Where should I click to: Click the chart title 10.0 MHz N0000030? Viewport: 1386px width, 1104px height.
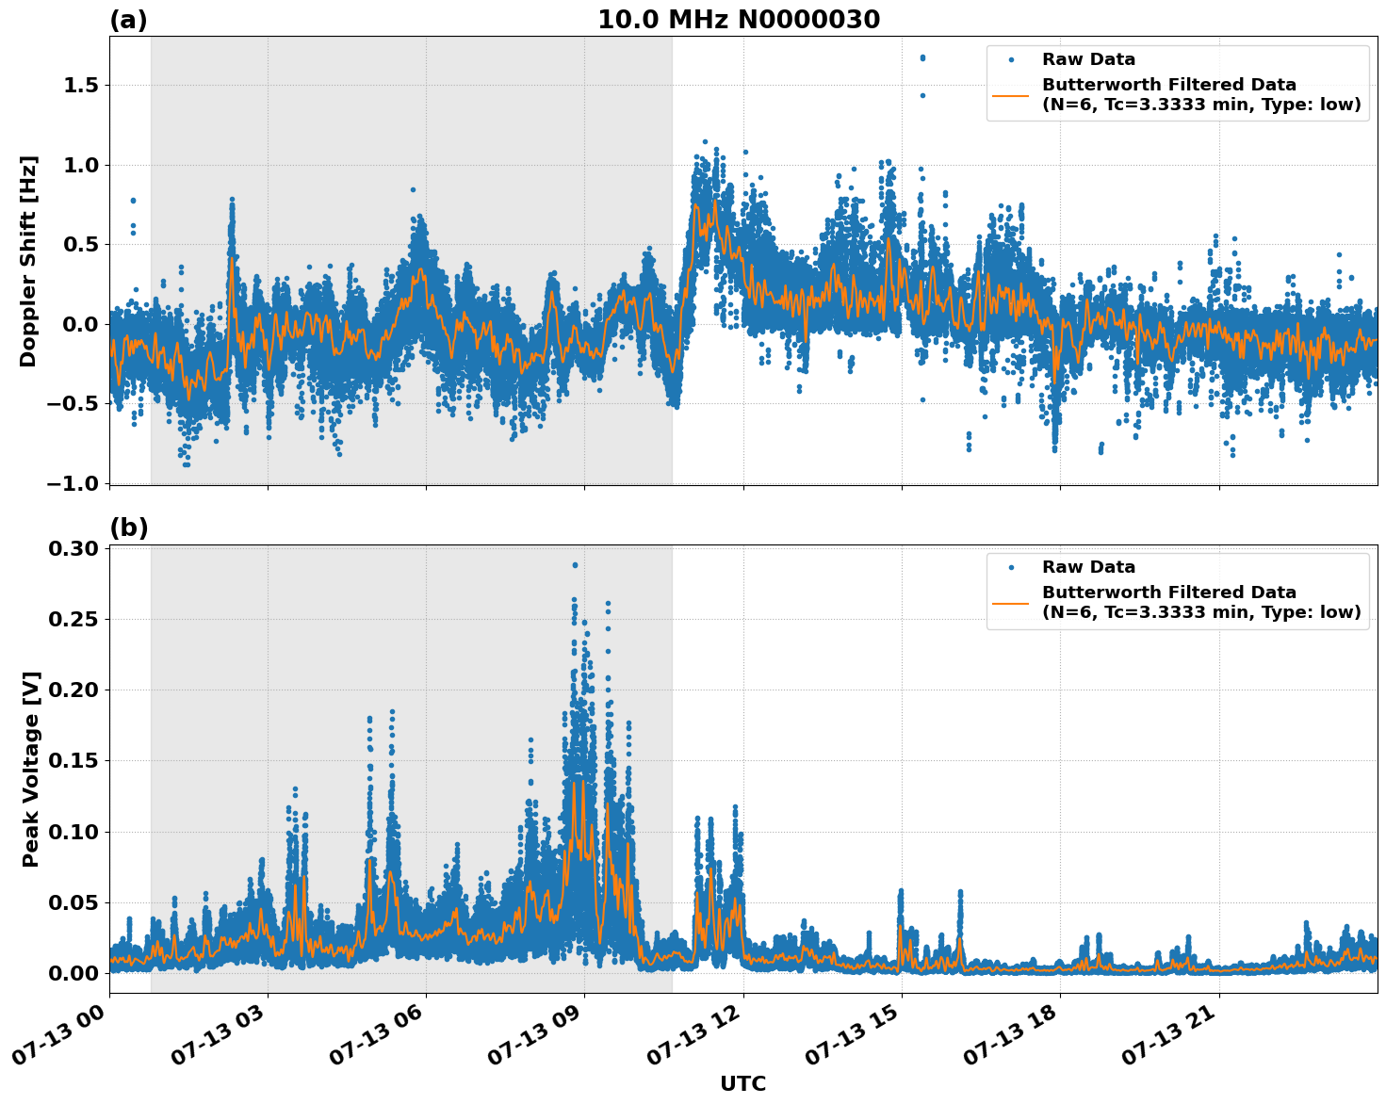[739, 20]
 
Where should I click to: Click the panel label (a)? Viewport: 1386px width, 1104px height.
[128, 20]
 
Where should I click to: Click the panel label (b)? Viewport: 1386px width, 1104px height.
[128, 528]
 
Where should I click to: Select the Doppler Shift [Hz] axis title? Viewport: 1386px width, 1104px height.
[28, 261]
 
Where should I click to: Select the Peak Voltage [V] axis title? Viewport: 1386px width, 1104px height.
[31, 769]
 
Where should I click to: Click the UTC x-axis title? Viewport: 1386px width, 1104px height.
[742, 1083]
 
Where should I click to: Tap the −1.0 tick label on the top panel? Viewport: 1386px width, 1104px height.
[72, 483]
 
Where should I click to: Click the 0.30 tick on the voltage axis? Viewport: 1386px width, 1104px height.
[74, 548]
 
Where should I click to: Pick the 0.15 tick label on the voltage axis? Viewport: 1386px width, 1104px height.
[74, 760]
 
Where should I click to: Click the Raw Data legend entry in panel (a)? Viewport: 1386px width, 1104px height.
[1088, 59]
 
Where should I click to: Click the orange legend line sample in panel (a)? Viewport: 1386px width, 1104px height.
[1011, 95]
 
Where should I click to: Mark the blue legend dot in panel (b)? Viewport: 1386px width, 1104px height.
[1011, 567]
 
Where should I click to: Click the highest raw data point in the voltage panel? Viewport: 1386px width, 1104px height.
[575, 565]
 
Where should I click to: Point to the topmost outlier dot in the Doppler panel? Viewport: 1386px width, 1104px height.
[922, 57]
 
